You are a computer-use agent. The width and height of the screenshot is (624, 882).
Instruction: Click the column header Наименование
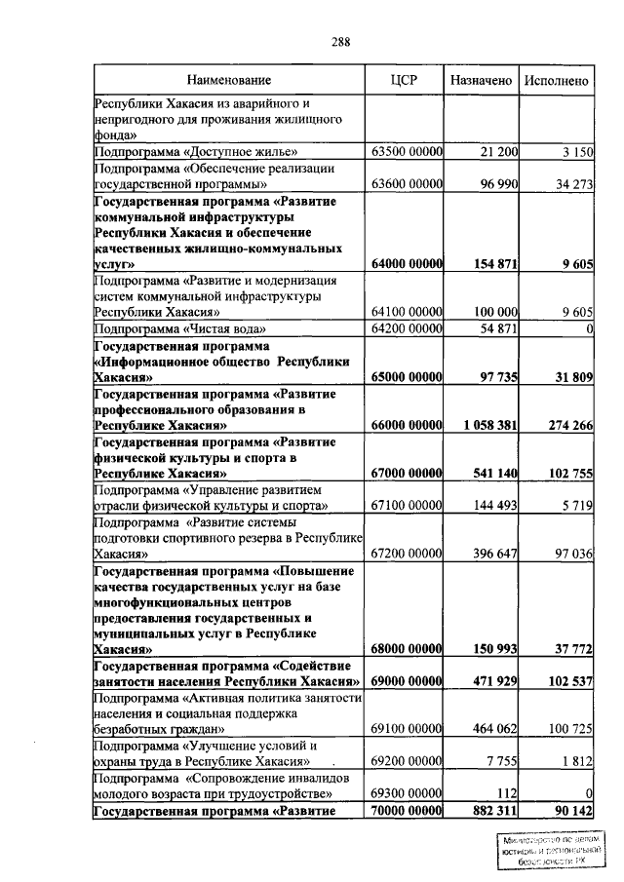(229, 80)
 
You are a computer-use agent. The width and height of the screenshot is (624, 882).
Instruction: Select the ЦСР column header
(404, 80)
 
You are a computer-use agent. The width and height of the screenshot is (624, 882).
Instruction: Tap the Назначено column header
(481, 80)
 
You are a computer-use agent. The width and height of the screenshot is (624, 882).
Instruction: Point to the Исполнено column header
(557, 80)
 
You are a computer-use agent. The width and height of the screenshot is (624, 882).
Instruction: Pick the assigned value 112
(507, 792)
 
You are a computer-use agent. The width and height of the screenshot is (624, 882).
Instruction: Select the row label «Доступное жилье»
(194, 151)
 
